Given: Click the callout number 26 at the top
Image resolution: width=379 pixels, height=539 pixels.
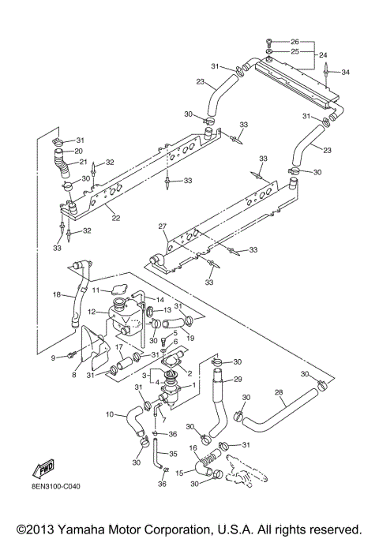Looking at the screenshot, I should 295,41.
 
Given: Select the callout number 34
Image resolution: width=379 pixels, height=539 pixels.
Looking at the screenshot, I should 344,72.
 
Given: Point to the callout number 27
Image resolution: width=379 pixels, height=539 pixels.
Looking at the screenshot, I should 163,226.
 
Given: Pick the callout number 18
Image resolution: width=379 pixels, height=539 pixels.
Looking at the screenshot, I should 56,294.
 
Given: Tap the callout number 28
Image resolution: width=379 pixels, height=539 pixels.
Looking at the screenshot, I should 278,391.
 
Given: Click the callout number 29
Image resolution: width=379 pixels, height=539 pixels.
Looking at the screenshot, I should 238,380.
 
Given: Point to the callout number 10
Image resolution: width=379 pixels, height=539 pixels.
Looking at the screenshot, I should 110,414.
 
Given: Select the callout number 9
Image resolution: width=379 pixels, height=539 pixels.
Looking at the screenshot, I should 54,357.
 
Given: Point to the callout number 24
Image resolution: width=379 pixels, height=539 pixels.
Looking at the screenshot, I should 322,55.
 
